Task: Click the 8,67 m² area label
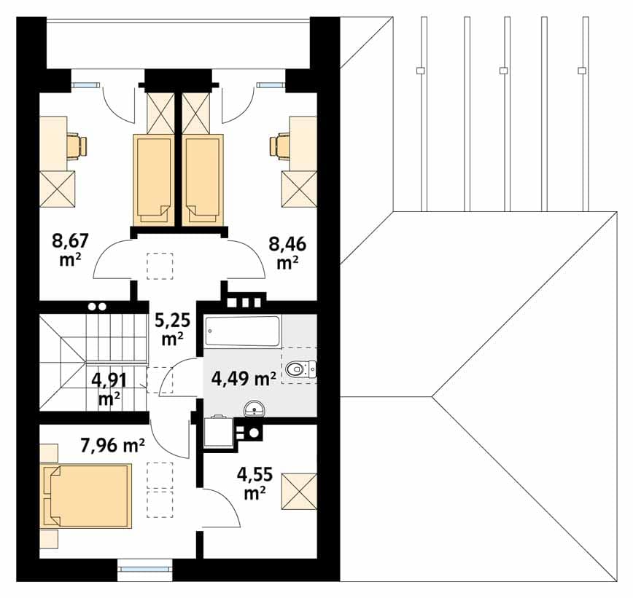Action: [x=70, y=250]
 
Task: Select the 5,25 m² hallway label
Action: [x=173, y=329]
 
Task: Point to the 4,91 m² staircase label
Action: [x=109, y=389]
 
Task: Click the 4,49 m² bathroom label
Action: [x=244, y=379]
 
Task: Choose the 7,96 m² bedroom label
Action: [x=112, y=446]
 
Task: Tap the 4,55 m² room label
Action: [x=255, y=483]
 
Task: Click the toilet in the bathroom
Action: [x=300, y=369]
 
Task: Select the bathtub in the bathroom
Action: [x=242, y=331]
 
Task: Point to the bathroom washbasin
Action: [x=255, y=408]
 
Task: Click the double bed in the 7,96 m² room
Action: [x=86, y=496]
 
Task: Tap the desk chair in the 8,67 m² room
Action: [x=77, y=146]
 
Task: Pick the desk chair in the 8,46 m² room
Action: [x=280, y=146]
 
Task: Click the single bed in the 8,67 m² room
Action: [x=154, y=180]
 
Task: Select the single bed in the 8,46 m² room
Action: [x=203, y=180]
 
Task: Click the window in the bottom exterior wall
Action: [x=145, y=570]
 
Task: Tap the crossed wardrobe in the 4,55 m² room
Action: [x=299, y=491]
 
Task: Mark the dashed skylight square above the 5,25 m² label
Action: [x=160, y=266]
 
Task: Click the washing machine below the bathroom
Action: [x=219, y=432]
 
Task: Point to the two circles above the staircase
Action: [x=97, y=307]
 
